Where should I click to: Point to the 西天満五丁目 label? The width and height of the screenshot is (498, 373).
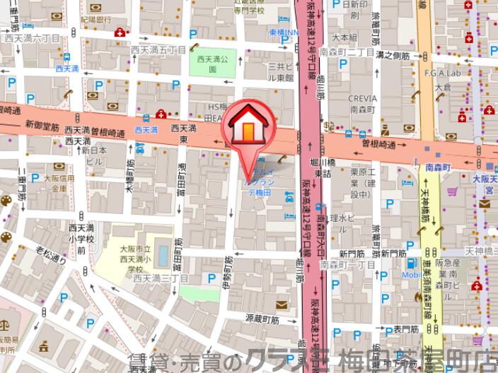tap(163, 50)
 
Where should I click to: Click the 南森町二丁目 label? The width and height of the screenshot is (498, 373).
tap(360, 53)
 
